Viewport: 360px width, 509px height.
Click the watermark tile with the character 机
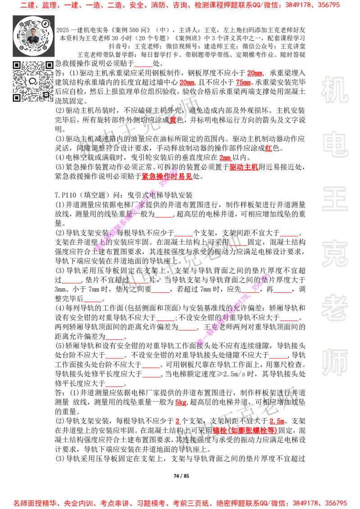pos(334,90)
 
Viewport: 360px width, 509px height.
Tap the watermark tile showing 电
pos(336,144)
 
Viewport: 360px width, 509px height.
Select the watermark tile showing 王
pos(334,200)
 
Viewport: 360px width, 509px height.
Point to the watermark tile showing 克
pos(334,254)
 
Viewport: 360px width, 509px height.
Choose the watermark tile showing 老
pos(334,308)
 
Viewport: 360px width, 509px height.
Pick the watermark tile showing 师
pos(334,363)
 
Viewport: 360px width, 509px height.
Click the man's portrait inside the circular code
pos(33,36)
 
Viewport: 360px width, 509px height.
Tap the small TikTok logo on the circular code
pos(45,23)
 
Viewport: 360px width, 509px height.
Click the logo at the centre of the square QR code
pos(32,81)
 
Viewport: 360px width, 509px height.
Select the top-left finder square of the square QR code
pos(17,65)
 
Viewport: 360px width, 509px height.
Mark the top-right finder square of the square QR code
pos(49,65)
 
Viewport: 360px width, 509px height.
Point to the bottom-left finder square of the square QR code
pos(17,98)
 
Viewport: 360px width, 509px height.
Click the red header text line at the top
pos(180,5)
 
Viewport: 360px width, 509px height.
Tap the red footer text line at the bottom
pos(180,503)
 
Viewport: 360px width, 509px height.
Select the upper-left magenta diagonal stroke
pos(135,210)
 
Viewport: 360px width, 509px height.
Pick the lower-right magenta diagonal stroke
pos(233,308)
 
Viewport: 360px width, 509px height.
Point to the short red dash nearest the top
pos(143,67)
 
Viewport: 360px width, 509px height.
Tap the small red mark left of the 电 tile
pos(269,148)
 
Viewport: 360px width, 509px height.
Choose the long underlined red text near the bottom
pos(245,430)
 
